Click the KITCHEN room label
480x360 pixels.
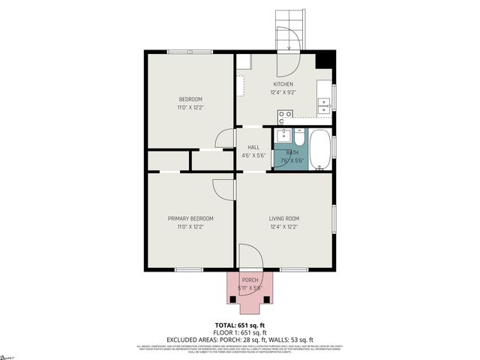[x=282, y=84]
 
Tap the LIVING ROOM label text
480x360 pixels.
[x=284, y=218]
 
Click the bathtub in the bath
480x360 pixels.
[x=319, y=149]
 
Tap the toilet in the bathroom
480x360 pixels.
[x=299, y=138]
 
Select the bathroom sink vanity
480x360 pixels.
[x=283, y=136]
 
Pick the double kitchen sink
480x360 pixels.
[x=325, y=105]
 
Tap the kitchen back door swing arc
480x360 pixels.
[x=290, y=62]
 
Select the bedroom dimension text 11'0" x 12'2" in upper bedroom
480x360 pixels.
[x=190, y=108]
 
